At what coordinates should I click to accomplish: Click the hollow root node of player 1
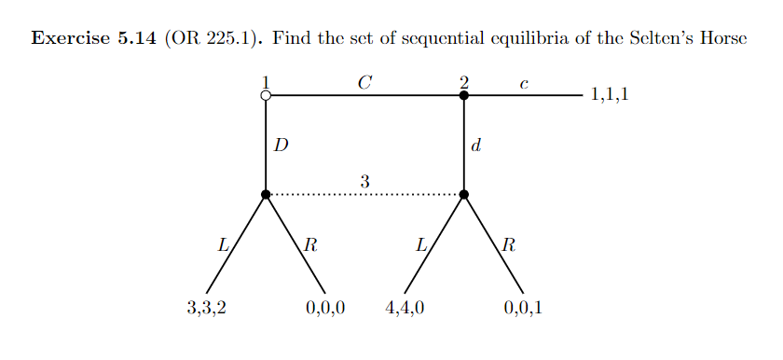coord(266,95)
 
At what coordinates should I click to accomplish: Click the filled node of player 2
coord(464,95)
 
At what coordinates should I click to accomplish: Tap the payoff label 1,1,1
coord(610,95)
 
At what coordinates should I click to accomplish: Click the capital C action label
coord(364,83)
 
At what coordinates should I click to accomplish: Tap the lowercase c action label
coord(524,85)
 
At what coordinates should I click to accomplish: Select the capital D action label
coord(280,145)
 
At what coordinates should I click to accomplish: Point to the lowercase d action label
coord(476,145)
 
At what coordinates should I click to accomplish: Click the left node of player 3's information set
coord(266,194)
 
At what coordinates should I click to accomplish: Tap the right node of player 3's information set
coord(464,194)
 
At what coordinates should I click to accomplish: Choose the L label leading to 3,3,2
coord(223,247)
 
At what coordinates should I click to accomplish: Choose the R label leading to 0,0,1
coord(508,247)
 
